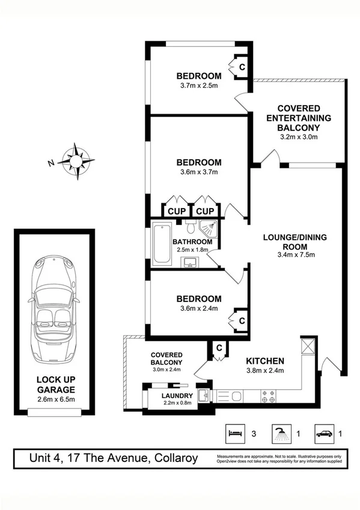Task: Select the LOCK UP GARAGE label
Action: [55, 384]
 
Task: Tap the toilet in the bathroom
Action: [189, 229]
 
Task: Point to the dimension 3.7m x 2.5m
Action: [198, 86]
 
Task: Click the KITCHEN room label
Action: [265, 361]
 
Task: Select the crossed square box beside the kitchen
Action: [307, 345]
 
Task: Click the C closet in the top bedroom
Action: [242, 67]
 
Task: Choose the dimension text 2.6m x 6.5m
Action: [55, 398]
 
